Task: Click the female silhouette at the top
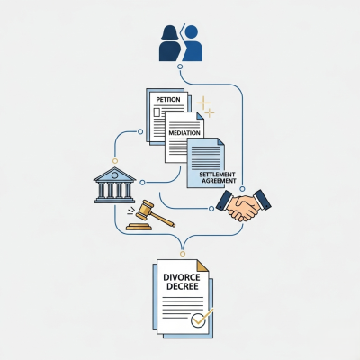coord(170,43)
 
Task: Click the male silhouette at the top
coord(193,43)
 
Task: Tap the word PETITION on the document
coord(168,100)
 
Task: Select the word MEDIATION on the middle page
coord(184,133)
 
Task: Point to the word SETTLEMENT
coord(217,175)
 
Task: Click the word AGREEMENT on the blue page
coord(219,181)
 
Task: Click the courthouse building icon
coord(114,185)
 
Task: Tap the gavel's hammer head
coord(143,209)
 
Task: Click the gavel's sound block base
coord(139,227)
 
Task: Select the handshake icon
coord(244,205)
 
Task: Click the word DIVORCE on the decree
coord(182,277)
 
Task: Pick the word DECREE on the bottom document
coord(183,286)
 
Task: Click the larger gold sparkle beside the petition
coord(203,103)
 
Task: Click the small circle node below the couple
coord(180,67)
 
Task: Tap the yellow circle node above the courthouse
coord(115,161)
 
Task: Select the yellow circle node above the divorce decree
coord(183,254)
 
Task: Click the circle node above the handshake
coord(242,189)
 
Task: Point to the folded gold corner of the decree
coord(202,266)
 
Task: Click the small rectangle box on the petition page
coord(157,112)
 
